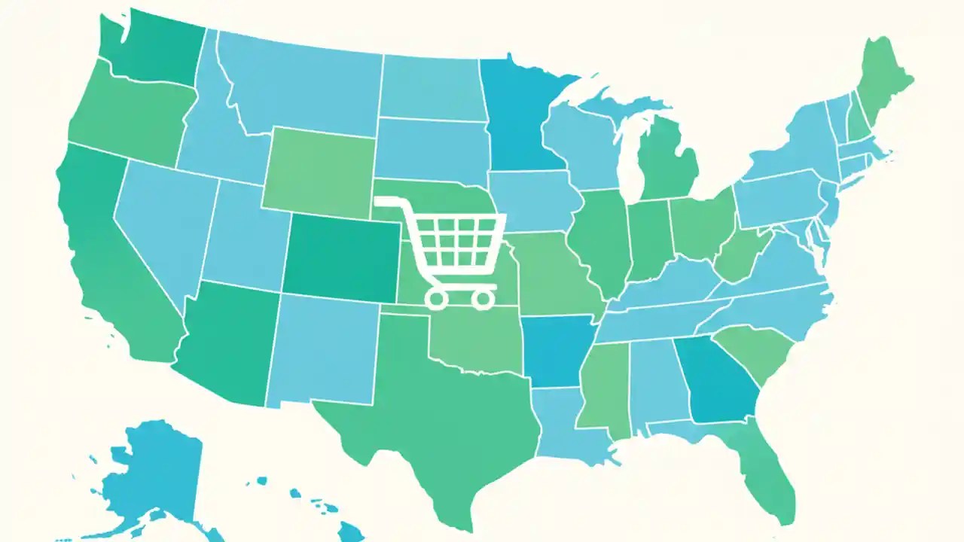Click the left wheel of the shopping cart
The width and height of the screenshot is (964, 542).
(x=436, y=299)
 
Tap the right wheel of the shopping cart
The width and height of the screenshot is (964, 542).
(x=482, y=299)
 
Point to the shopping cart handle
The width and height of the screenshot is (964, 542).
(x=388, y=202)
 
